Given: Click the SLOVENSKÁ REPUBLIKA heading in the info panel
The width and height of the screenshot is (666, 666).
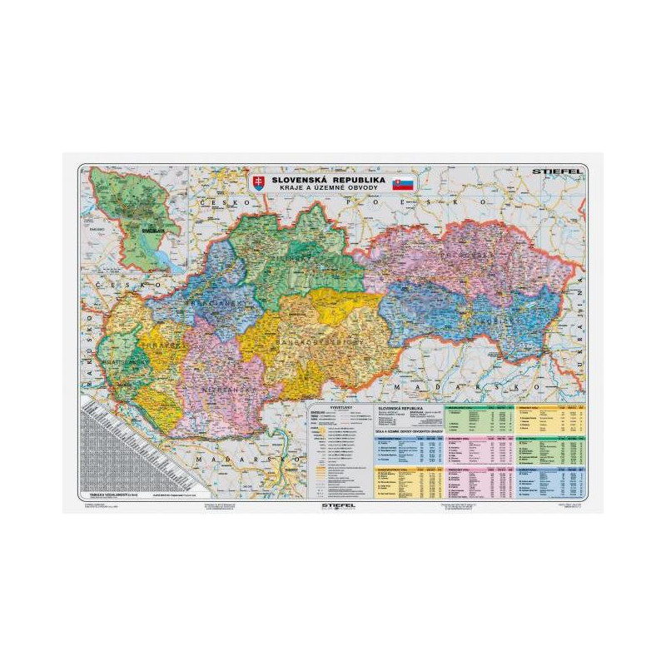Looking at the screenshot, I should tap(405, 410).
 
